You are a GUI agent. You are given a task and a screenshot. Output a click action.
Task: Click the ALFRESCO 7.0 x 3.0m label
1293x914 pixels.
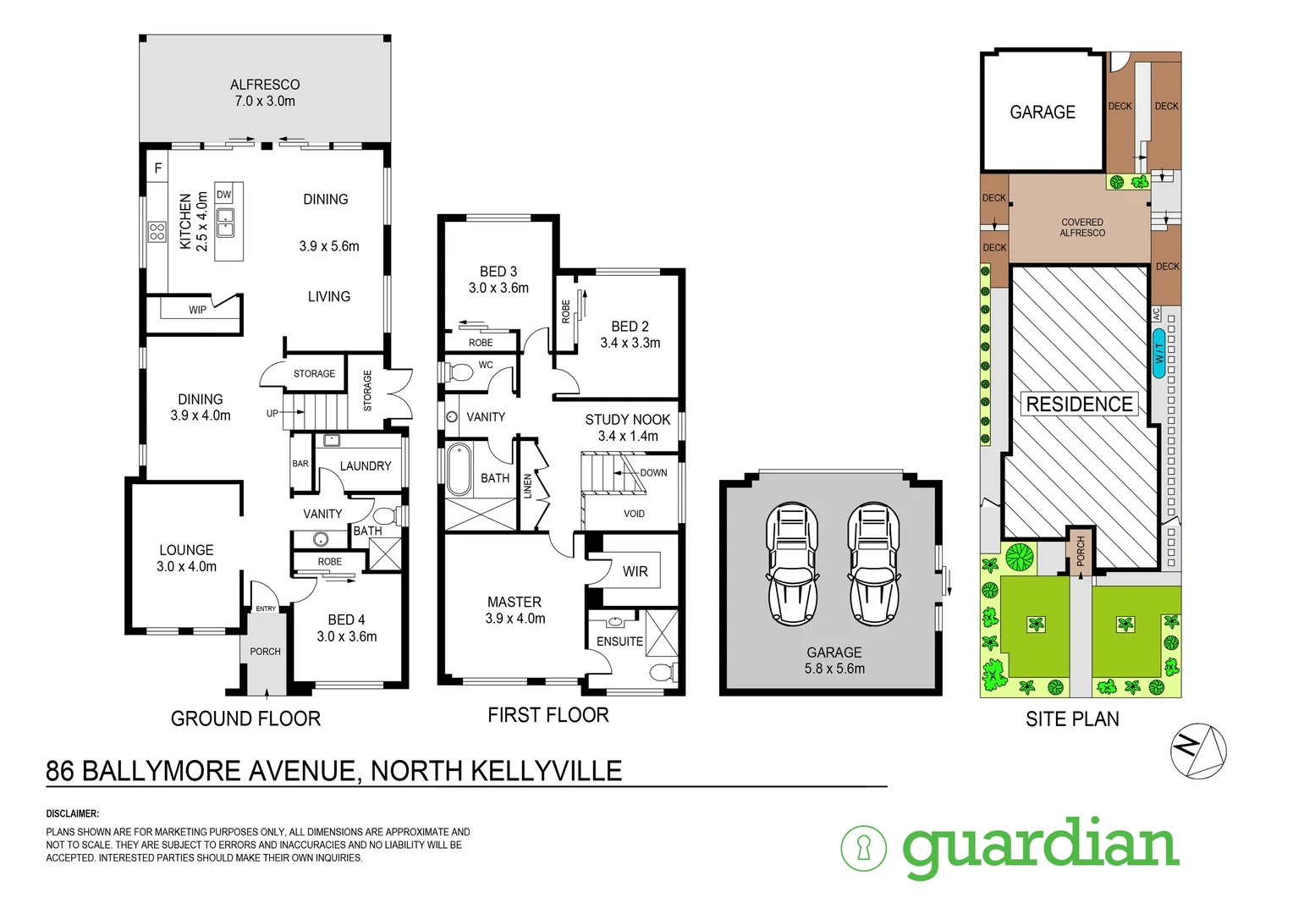[x=265, y=92]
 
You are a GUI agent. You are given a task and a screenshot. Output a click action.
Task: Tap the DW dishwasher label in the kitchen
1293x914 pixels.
[x=223, y=195]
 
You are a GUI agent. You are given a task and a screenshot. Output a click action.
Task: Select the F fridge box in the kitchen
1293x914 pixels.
[x=157, y=168]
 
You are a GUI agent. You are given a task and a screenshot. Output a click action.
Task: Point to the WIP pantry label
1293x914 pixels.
[x=197, y=310]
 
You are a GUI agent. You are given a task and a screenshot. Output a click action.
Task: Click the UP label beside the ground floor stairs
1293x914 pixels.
[x=272, y=413]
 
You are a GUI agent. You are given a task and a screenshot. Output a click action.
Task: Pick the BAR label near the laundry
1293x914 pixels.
[x=300, y=464]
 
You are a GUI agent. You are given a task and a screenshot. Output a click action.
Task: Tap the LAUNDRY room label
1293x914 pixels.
[x=366, y=466]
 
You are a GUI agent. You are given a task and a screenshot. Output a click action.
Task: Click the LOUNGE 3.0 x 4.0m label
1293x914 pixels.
[x=186, y=558]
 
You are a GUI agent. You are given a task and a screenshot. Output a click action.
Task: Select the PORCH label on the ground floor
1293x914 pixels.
[x=265, y=652]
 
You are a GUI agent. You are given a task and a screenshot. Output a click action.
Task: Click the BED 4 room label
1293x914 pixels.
[x=347, y=628]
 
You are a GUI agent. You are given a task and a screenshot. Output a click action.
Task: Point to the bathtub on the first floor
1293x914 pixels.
[x=459, y=469]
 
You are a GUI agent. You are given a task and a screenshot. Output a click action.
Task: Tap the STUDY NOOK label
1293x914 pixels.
[x=628, y=427]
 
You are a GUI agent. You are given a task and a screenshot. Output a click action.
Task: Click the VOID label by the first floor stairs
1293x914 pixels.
[x=634, y=514]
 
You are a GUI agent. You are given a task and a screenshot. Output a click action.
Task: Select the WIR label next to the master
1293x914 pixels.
[x=635, y=571]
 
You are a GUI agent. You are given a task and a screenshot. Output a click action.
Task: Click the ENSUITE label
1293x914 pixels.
[x=619, y=641]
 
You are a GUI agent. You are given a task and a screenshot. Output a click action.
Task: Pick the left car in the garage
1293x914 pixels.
[x=792, y=564]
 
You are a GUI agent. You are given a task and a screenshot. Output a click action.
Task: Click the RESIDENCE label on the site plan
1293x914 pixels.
[x=1079, y=405]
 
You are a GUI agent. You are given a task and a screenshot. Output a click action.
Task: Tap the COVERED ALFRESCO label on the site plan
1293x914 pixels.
[x=1082, y=228]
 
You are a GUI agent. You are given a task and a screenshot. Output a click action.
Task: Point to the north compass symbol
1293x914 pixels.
[x=1198, y=750]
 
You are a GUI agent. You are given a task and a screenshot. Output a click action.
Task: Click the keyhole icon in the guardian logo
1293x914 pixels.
[x=863, y=847]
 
